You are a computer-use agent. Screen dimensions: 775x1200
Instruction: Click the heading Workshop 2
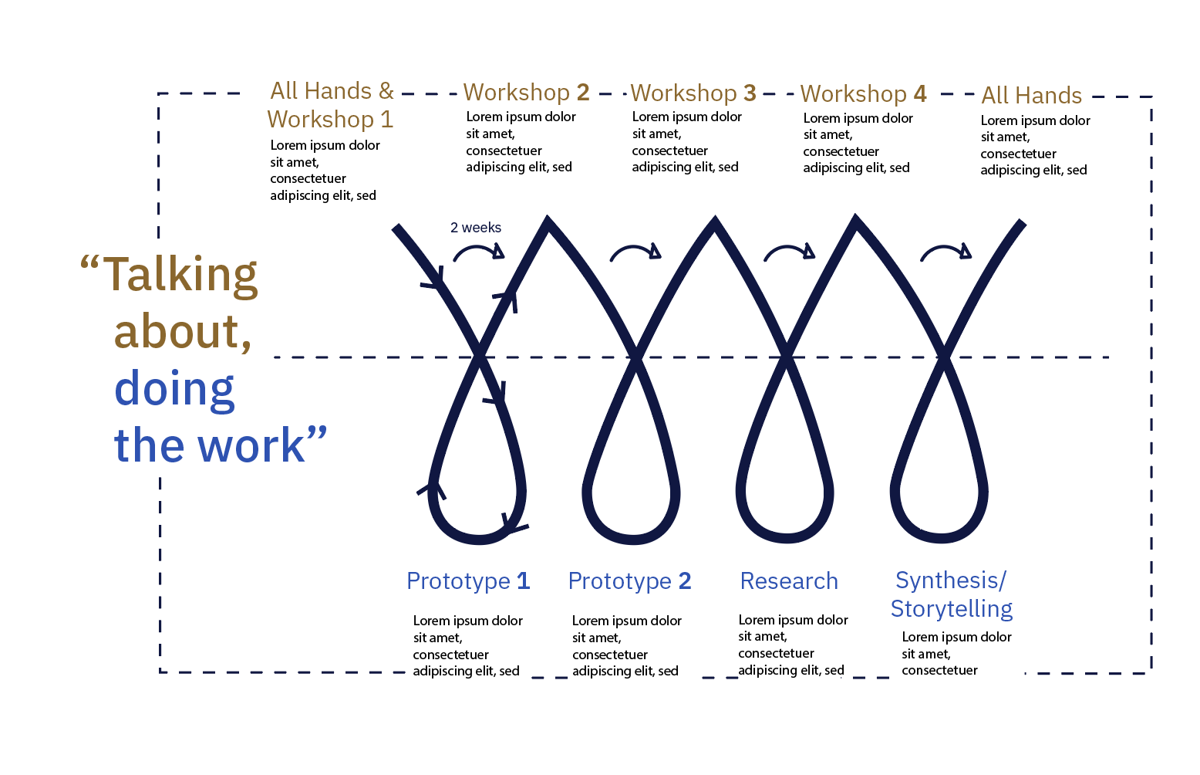(x=526, y=93)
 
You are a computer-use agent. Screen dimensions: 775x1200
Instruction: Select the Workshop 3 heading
(x=693, y=93)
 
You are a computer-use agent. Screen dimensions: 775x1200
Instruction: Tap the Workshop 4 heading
(x=863, y=94)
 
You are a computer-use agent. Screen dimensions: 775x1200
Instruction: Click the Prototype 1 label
(x=468, y=580)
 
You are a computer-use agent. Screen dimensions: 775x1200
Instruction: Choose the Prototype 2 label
(x=629, y=580)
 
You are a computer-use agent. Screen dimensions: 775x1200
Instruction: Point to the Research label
(x=788, y=580)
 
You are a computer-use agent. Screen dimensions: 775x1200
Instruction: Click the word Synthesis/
(x=950, y=580)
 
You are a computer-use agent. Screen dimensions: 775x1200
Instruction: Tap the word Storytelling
(x=952, y=608)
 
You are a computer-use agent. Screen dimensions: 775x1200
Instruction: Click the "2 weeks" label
(x=476, y=228)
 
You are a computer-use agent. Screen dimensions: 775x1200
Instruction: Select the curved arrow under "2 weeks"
(x=478, y=252)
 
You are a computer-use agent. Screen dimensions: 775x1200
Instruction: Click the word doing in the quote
(x=174, y=388)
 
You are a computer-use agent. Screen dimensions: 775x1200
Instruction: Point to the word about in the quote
(x=182, y=332)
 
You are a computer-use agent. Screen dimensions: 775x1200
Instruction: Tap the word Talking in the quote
(x=180, y=274)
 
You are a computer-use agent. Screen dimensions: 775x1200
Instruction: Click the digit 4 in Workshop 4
(x=919, y=94)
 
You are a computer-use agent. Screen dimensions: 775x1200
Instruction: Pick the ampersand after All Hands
(x=386, y=91)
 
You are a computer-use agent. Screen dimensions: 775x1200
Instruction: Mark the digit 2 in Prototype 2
(x=684, y=580)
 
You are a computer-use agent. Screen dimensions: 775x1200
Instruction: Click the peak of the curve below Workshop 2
(x=548, y=222)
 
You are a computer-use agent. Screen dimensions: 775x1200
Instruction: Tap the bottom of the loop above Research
(x=785, y=537)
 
